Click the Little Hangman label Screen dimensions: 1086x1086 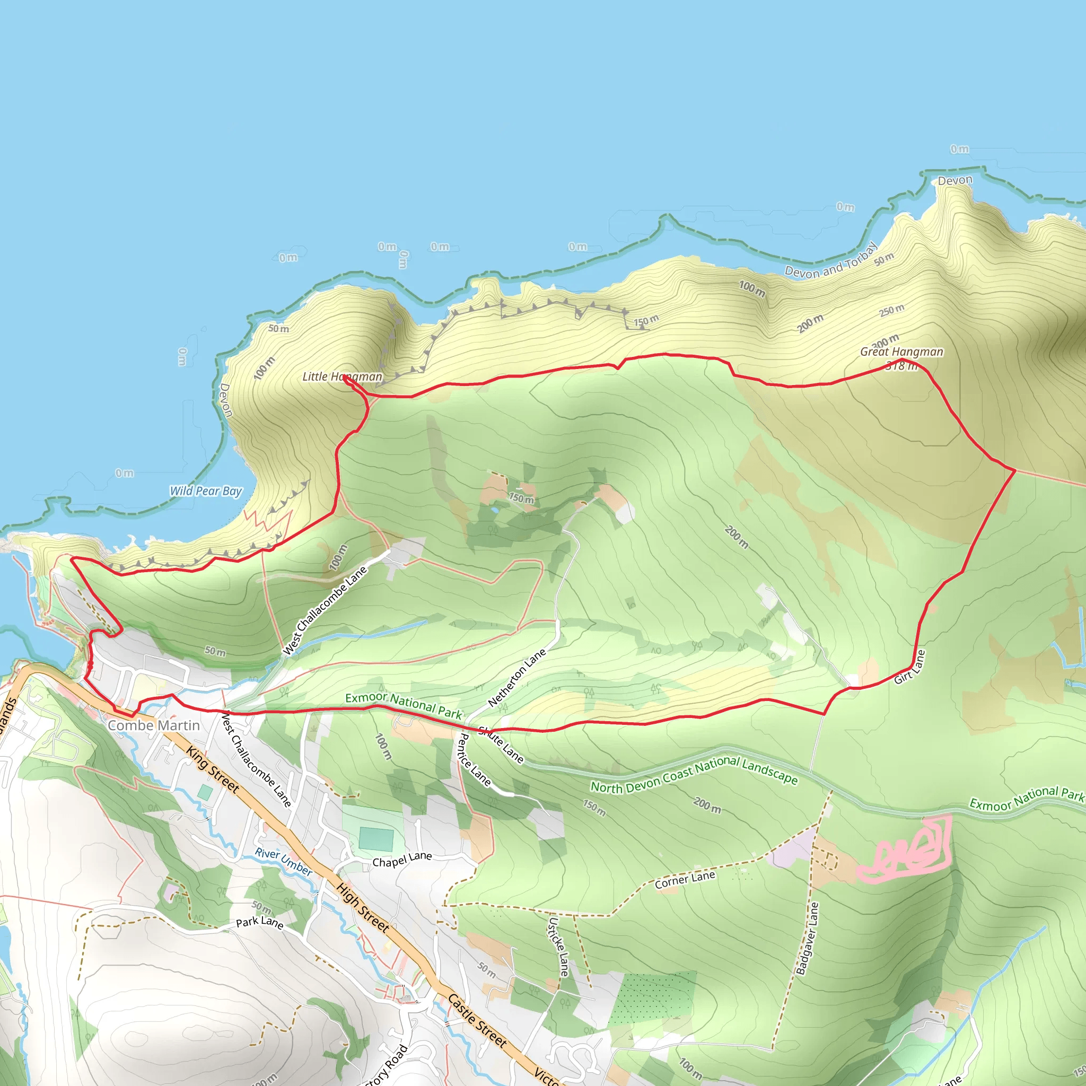tap(342, 376)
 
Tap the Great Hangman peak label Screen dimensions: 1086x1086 tap(901, 352)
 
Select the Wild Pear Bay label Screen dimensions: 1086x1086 tap(206, 491)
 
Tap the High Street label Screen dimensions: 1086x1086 tap(363, 907)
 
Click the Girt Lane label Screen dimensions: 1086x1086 tap(909, 667)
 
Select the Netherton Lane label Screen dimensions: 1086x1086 tap(516, 677)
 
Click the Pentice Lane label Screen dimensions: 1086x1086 tap(475, 759)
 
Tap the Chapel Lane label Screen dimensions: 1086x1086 tap(402, 860)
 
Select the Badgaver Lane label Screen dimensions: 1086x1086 tap(808, 938)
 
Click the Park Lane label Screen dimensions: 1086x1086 tap(259, 923)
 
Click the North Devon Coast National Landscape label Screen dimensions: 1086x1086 tap(694, 774)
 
